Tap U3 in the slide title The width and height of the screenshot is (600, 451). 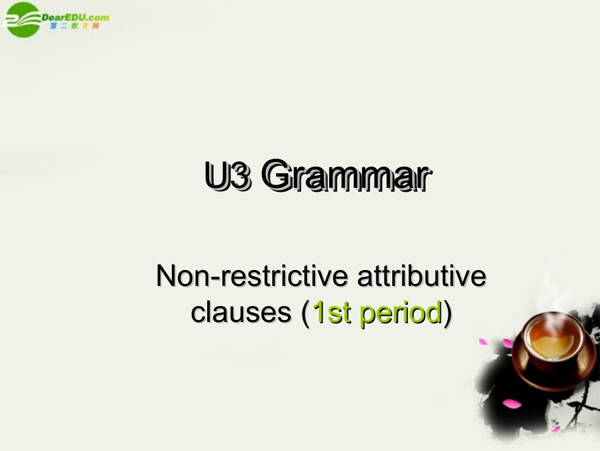(227, 176)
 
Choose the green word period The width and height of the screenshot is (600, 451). (400, 313)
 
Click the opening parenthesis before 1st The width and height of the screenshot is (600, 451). (306, 312)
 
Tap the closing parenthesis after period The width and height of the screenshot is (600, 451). (447, 312)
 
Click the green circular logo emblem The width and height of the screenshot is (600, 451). (21, 19)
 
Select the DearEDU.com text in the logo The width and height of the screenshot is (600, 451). (75, 17)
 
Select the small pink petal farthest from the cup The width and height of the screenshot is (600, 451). (556, 429)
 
